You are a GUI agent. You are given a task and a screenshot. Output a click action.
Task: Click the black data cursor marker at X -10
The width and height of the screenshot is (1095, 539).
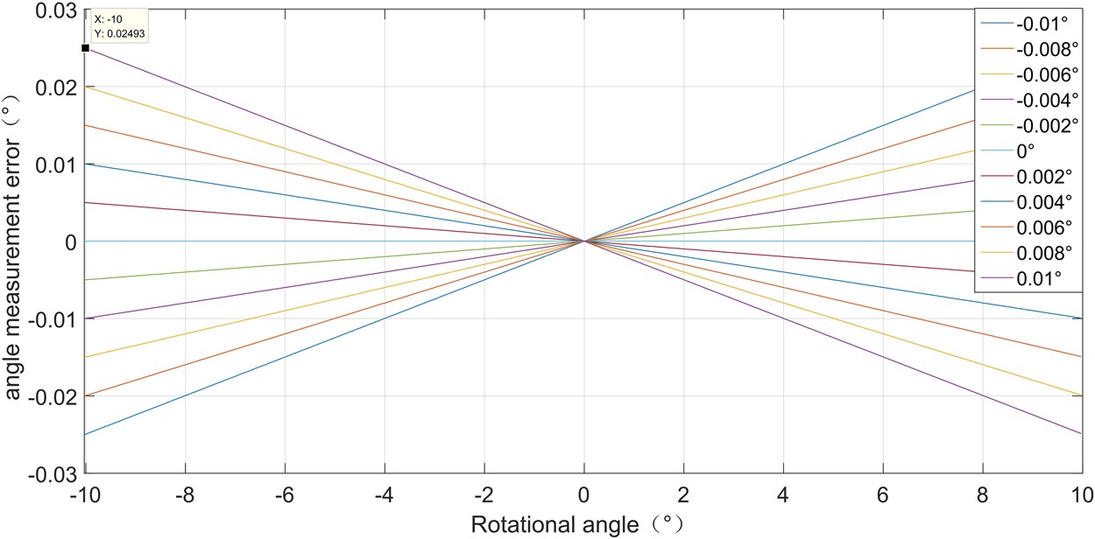pos(85,48)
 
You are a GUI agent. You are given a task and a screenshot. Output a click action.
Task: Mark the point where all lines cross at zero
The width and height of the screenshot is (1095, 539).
pos(583,241)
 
